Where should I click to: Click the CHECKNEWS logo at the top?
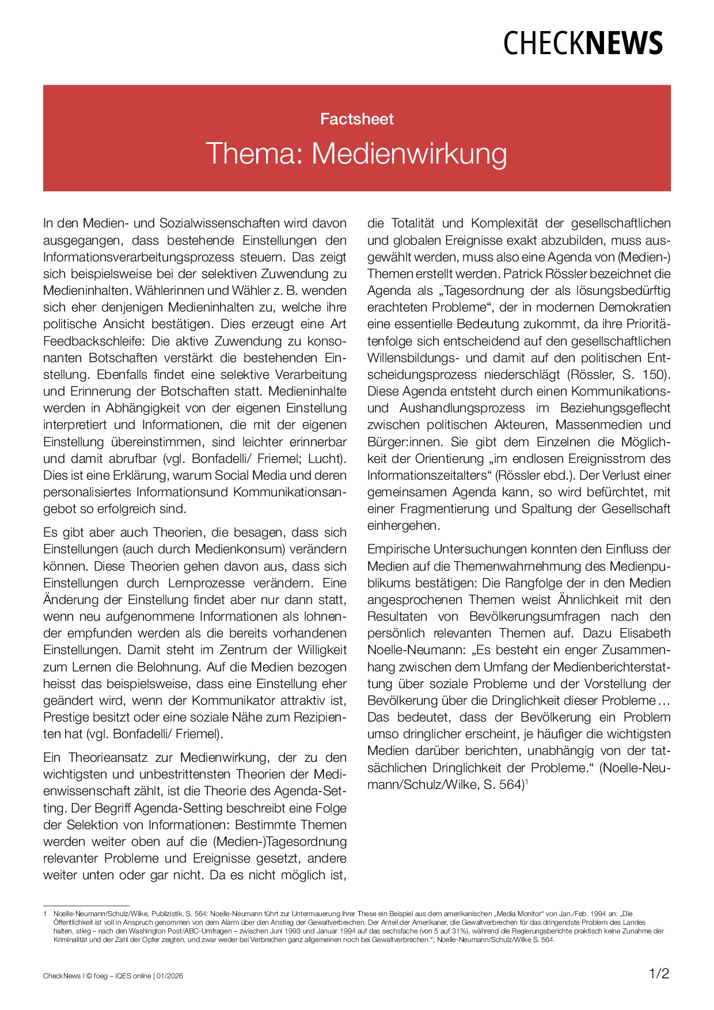pyautogui.click(x=583, y=43)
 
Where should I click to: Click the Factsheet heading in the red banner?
pyautogui.click(x=357, y=119)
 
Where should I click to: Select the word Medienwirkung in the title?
pyautogui.click(x=409, y=154)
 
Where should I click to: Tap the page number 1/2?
pyautogui.click(x=659, y=974)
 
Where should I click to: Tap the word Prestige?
pyautogui.click(x=67, y=717)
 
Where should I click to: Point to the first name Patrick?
pyautogui.click(x=525, y=274)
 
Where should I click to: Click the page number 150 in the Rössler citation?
pyautogui.click(x=654, y=374)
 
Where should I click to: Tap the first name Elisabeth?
pyautogui.click(x=645, y=633)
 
